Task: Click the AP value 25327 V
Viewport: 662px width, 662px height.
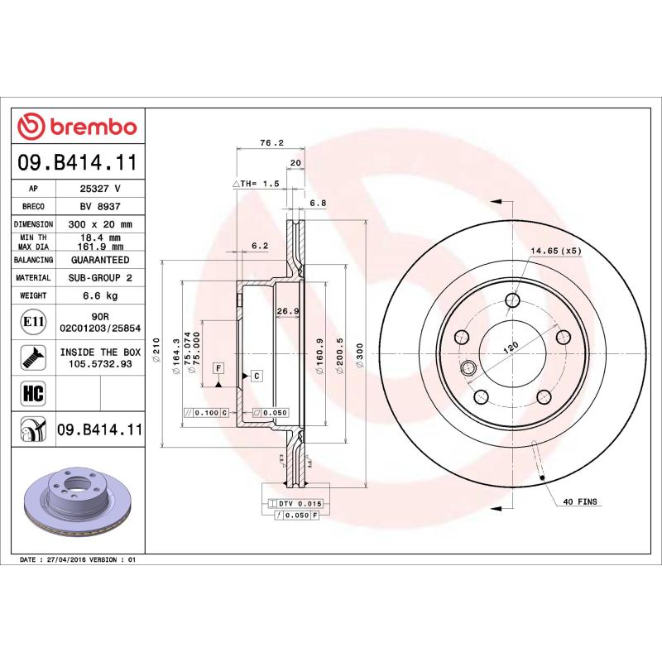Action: pyautogui.click(x=100, y=188)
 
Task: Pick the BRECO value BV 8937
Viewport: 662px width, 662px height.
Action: pyautogui.click(x=100, y=206)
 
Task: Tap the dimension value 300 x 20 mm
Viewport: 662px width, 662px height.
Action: pyautogui.click(x=100, y=224)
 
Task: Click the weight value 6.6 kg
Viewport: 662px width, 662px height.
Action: pyautogui.click(x=100, y=295)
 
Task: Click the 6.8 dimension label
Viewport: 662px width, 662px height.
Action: pyautogui.click(x=318, y=203)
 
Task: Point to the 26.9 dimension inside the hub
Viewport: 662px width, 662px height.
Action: pyautogui.click(x=287, y=311)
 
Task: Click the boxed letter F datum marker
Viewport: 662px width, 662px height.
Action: pyautogui.click(x=219, y=367)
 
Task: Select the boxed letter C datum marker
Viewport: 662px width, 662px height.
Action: pyautogui.click(x=257, y=377)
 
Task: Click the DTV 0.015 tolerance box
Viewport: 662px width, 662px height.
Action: pyautogui.click(x=298, y=503)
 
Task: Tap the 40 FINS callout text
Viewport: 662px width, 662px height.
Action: pyautogui.click(x=580, y=501)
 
